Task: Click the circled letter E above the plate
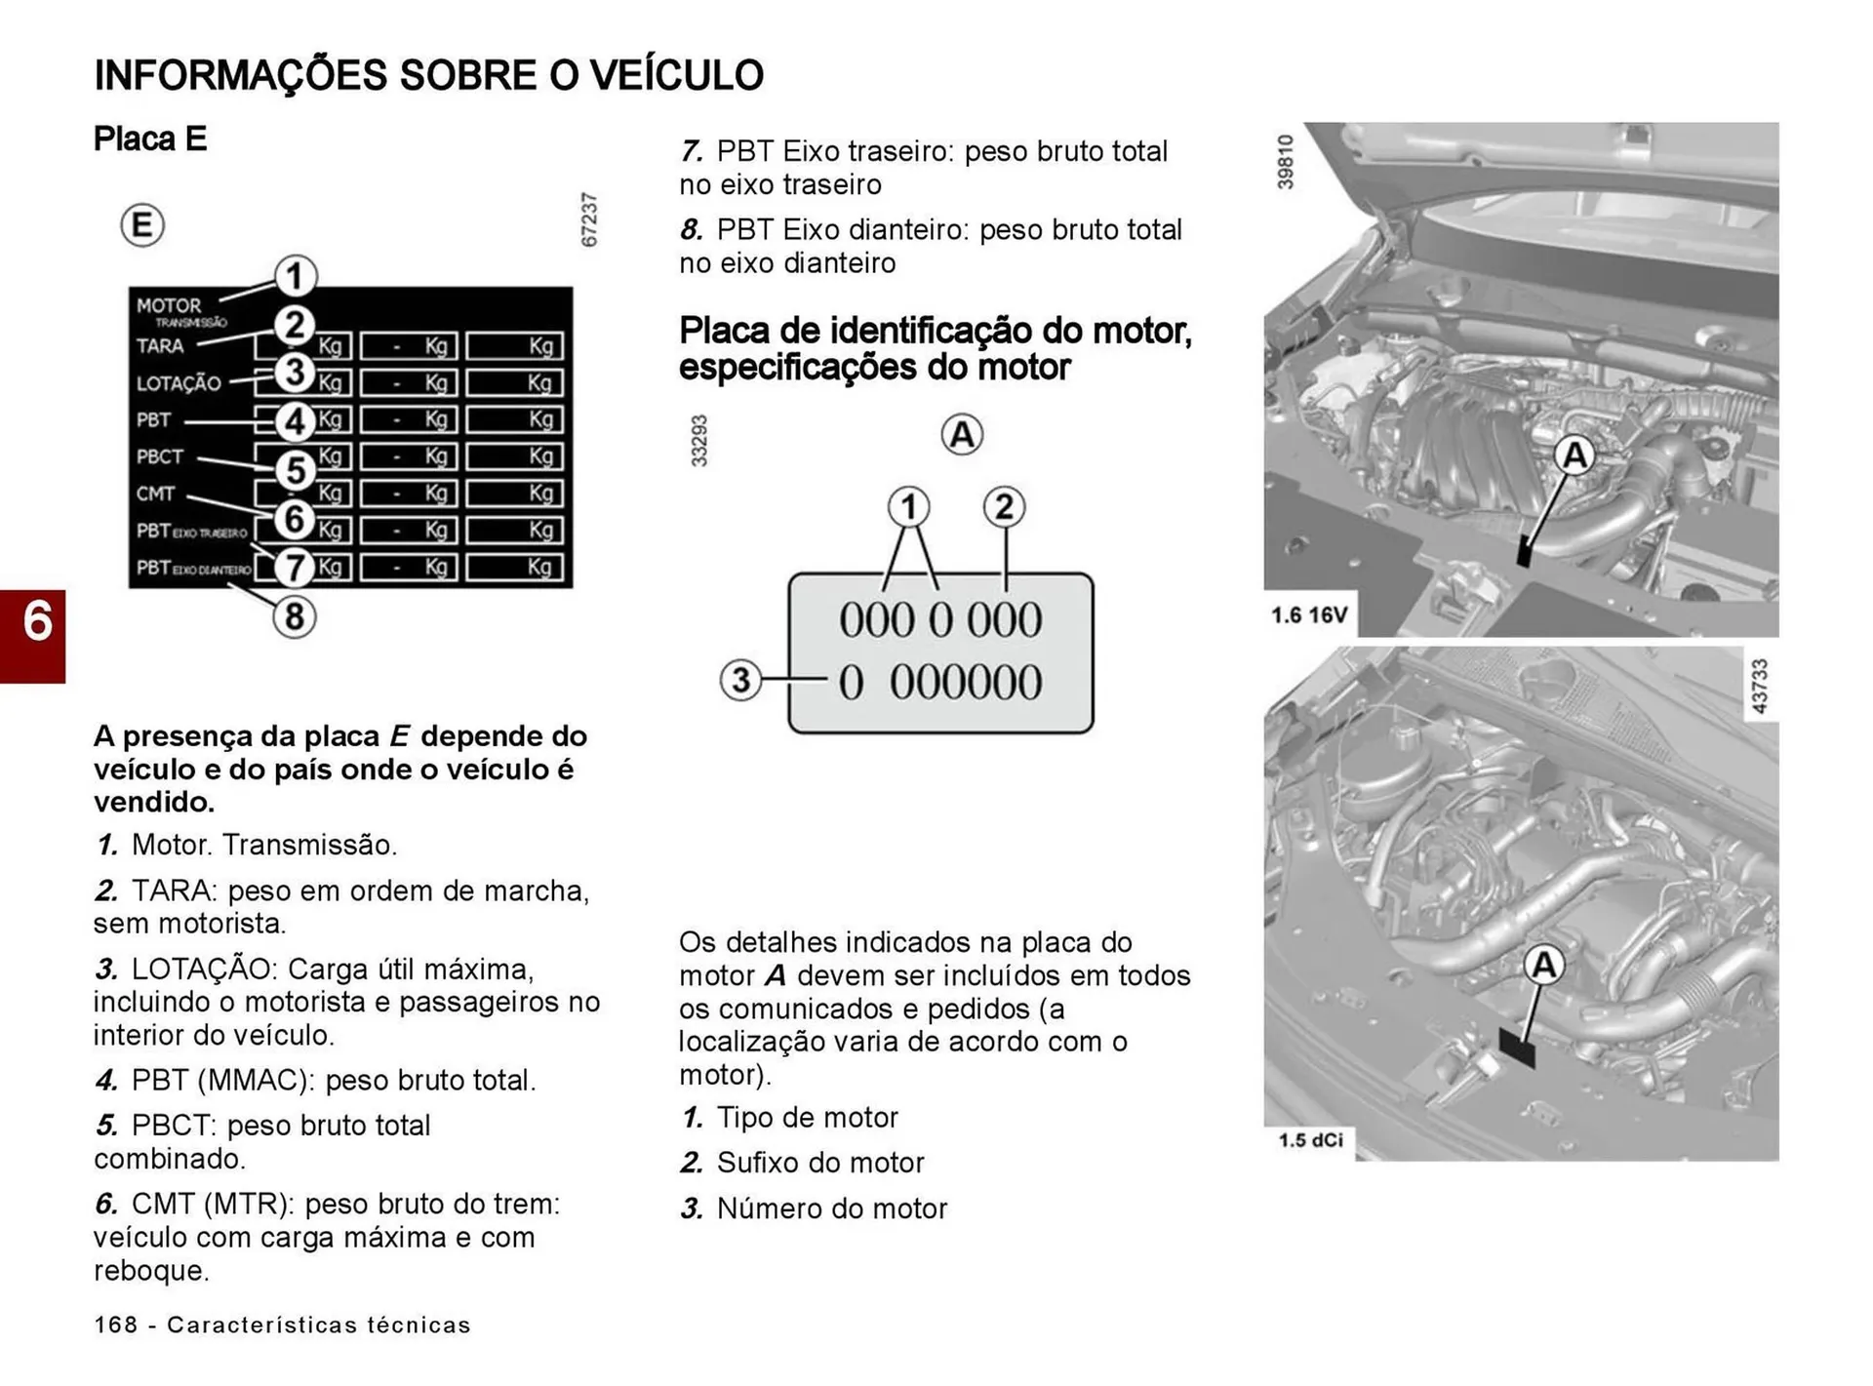[x=142, y=225]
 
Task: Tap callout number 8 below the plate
[x=295, y=616]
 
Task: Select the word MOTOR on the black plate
[x=169, y=305]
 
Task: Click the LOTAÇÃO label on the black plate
[x=179, y=383]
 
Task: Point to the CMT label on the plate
[x=155, y=494]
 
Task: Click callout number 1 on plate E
[x=295, y=276]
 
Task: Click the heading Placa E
[x=149, y=139]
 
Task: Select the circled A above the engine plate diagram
[x=962, y=435]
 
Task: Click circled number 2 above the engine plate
[x=1004, y=507]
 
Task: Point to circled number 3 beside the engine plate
[x=740, y=680]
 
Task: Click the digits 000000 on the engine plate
[x=965, y=682]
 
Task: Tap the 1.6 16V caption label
[x=1308, y=615]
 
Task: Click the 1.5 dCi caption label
[x=1310, y=1140]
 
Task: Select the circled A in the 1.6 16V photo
[x=1574, y=455]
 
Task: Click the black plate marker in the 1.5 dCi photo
[x=1516, y=1049]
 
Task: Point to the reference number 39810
[x=1285, y=162]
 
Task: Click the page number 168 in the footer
[x=115, y=1325]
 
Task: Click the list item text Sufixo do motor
[x=819, y=1163]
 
